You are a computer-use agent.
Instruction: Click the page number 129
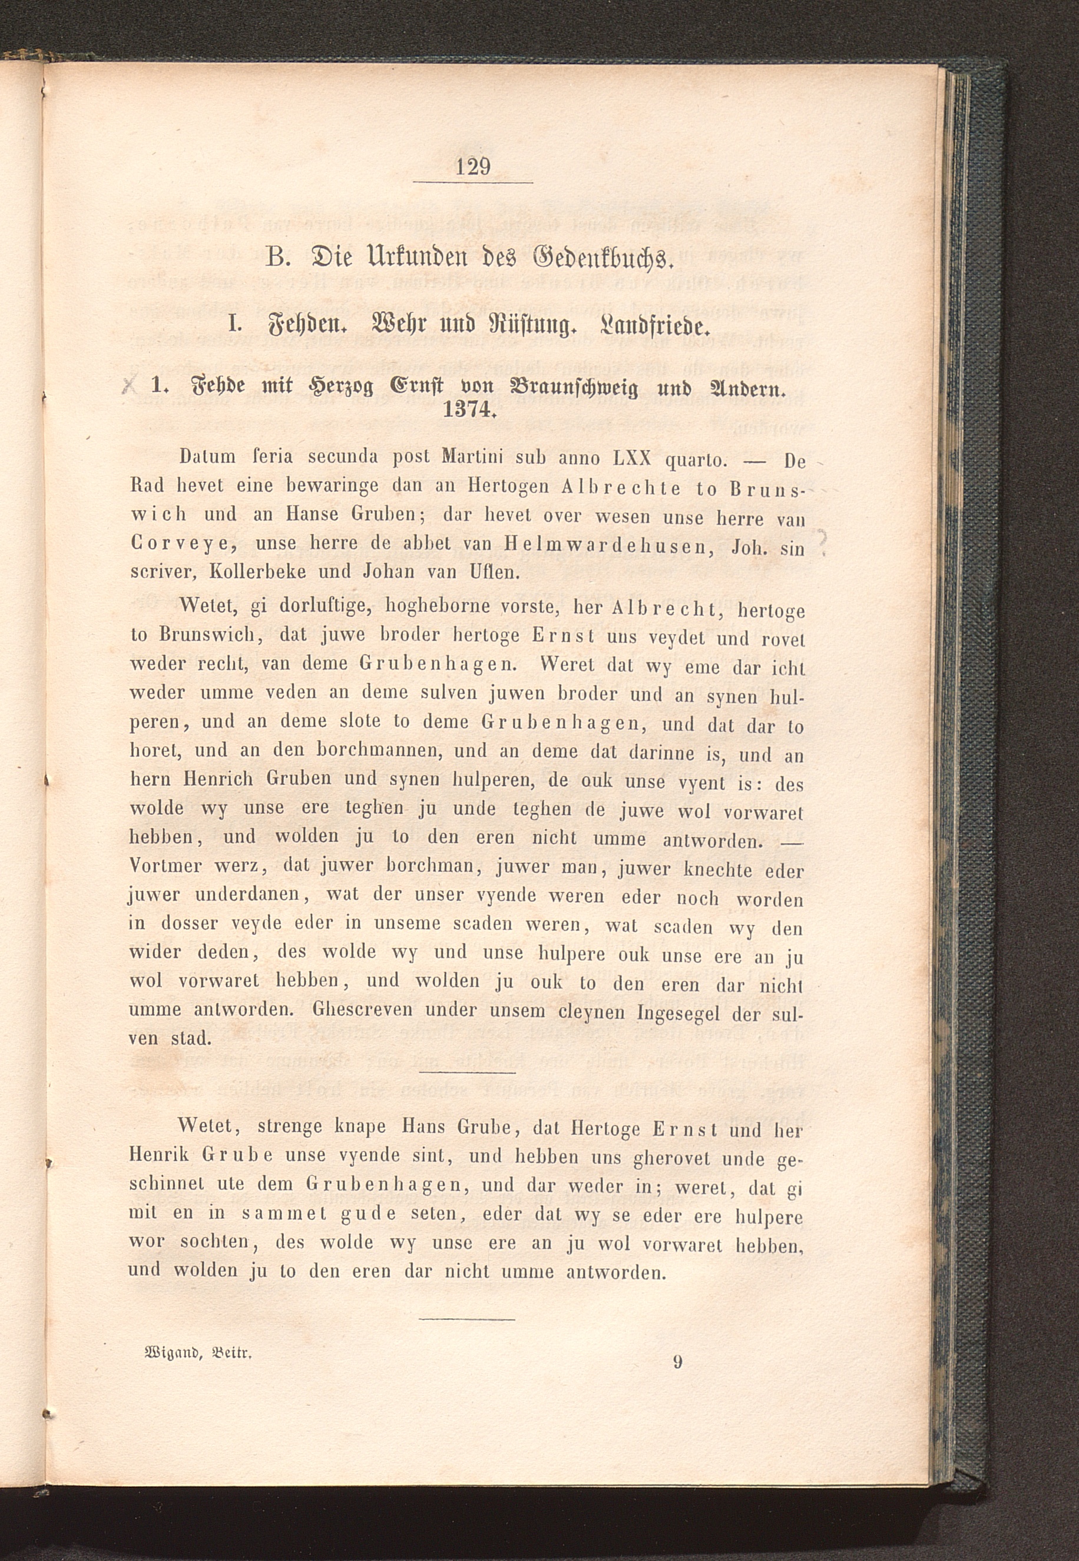tap(472, 166)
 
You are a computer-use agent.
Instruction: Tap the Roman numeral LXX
tap(631, 459)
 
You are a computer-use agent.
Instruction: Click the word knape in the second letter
tap(360, 1127)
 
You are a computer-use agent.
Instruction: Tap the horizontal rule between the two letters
tap(467, 1072)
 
